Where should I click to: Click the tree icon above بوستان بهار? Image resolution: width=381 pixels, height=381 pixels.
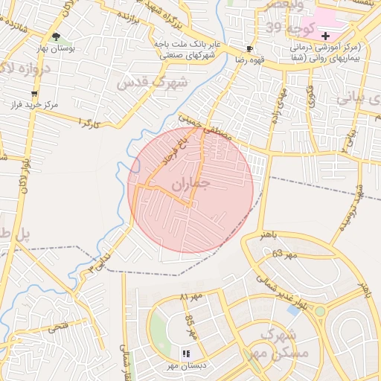[x=57, y=36]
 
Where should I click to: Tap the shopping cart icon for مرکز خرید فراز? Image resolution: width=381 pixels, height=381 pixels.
[x=34, y=94]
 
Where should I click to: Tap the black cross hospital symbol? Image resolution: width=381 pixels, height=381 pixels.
[x=325, y=36]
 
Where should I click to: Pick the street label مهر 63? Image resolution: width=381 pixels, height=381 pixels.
[x=284, y=254]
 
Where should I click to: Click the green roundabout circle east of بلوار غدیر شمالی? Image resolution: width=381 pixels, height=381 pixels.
[x=321, y=311]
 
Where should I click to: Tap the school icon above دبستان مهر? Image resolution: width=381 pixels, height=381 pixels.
[x=187, y=353]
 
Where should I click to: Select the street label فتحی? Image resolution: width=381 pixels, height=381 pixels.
[x=59, y=326]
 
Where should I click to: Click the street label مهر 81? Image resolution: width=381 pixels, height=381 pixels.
[x=191, y=297]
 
